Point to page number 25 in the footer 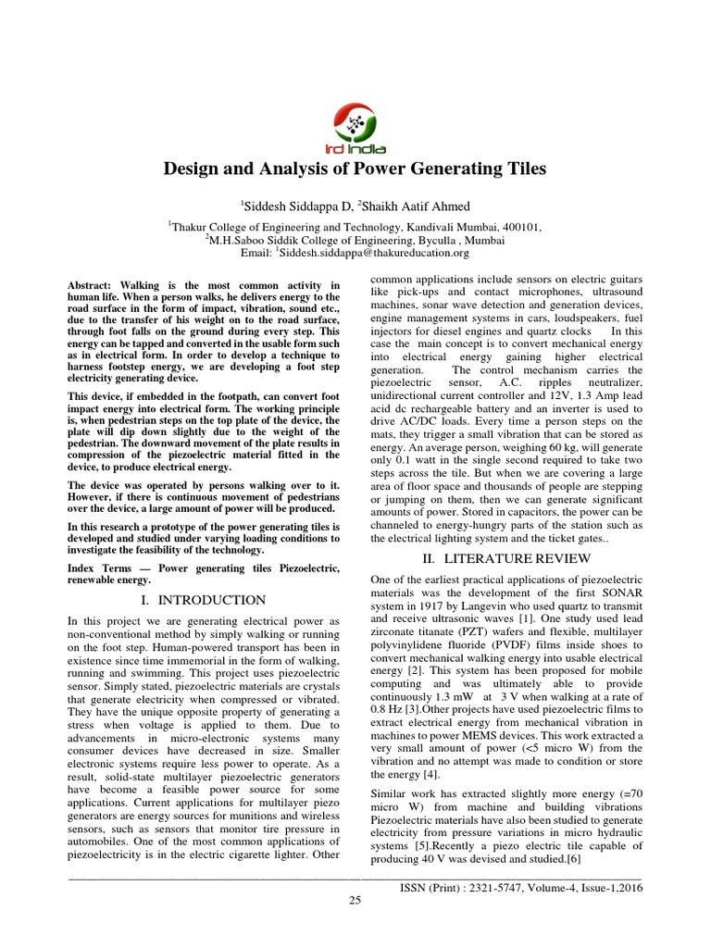(355, 903)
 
